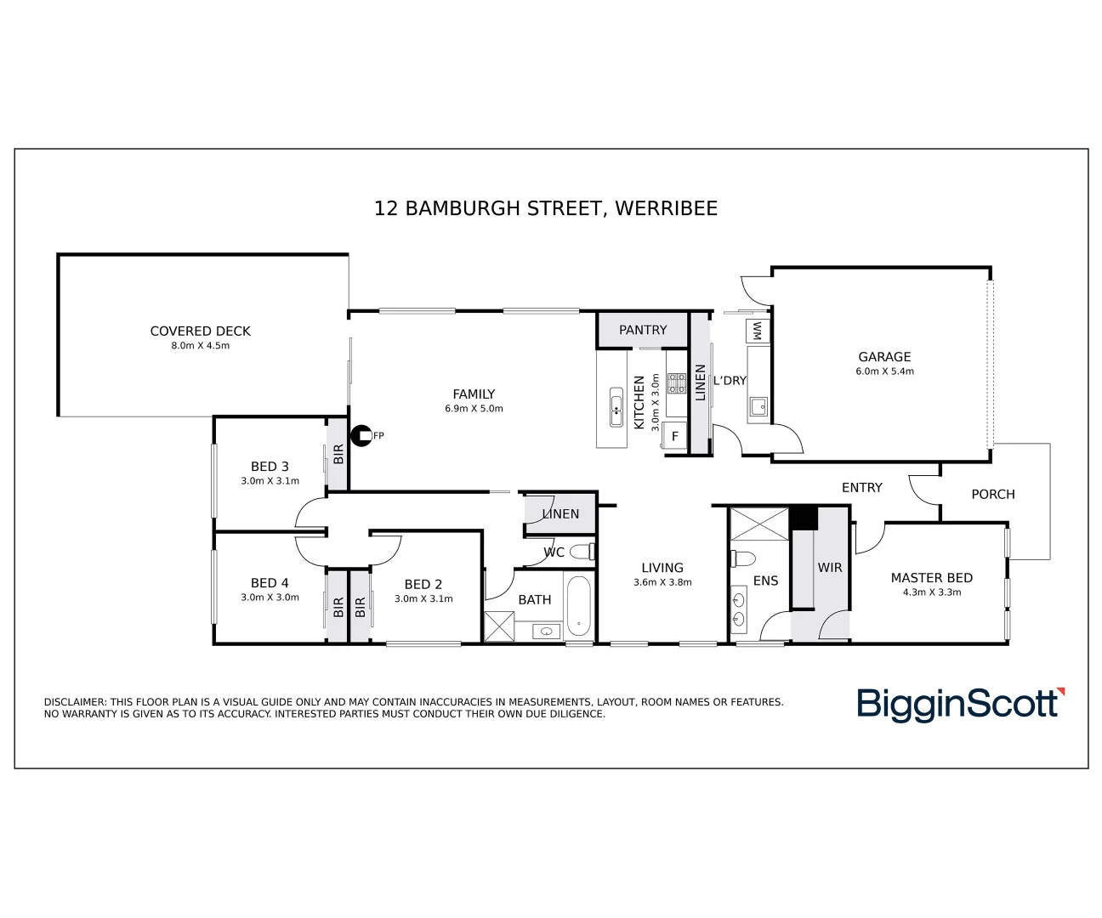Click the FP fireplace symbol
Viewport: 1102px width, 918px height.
click(361, 436)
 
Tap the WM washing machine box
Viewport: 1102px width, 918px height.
click(757, 331)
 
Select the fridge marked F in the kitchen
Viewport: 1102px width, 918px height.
click(674, 436)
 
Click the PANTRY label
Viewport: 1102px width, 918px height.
click(643, 330)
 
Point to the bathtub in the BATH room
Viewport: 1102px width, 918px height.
click(579, 606)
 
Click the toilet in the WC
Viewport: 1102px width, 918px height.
click(582, 552)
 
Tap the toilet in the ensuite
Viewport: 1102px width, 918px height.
click(743, 558)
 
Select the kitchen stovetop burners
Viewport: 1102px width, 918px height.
click(677, 383)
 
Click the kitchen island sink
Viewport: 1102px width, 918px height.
click(616, 407)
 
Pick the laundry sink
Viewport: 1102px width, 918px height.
click(759, 407)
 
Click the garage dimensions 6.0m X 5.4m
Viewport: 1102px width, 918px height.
click(884, 371)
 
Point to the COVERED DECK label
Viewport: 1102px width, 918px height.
click(200, 331)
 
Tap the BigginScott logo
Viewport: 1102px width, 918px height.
click(961, 705)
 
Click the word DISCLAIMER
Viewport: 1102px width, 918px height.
click(75, 702)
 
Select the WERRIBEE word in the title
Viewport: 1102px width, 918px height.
click(666, 208)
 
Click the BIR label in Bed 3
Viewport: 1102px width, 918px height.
click(338, 454)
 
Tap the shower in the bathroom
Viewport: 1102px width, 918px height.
click(499, 626)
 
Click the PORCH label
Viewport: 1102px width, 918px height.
click(993, 495)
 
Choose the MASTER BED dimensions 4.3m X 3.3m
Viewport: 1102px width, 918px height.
click(932, 592)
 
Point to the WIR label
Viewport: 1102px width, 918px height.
click(830, 568)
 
